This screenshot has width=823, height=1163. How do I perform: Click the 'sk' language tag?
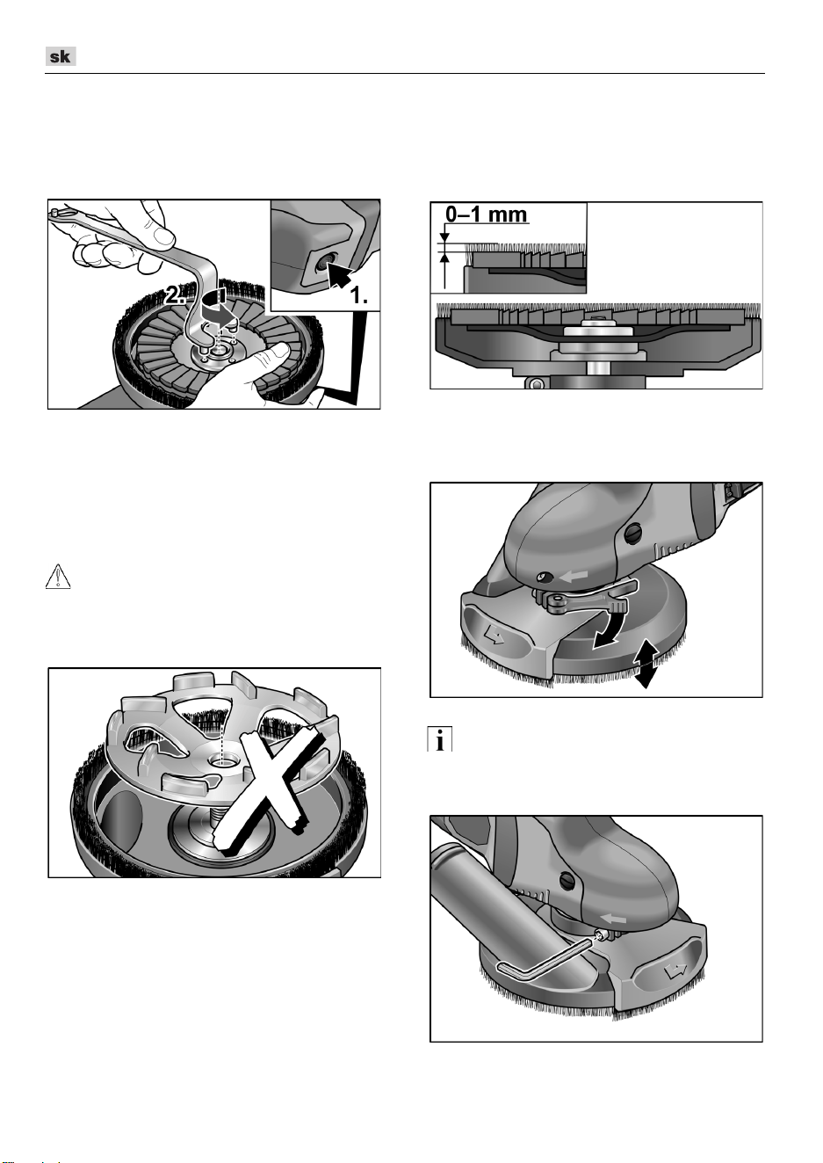point(61,56)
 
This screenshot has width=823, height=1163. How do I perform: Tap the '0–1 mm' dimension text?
point(487,214)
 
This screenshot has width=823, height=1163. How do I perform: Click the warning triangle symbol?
point(58,578)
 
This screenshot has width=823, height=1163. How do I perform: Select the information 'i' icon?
point(439,738)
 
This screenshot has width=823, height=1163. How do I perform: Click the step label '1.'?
point(359,295)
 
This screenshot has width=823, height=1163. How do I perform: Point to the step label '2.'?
point(175,295)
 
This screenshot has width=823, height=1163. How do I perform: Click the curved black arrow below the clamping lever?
point(612,629)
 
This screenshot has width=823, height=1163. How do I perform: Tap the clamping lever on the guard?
point(589,598)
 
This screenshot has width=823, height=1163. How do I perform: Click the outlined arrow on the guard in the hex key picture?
point(675,969)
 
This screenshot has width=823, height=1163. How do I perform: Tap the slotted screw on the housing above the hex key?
point(567,879)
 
